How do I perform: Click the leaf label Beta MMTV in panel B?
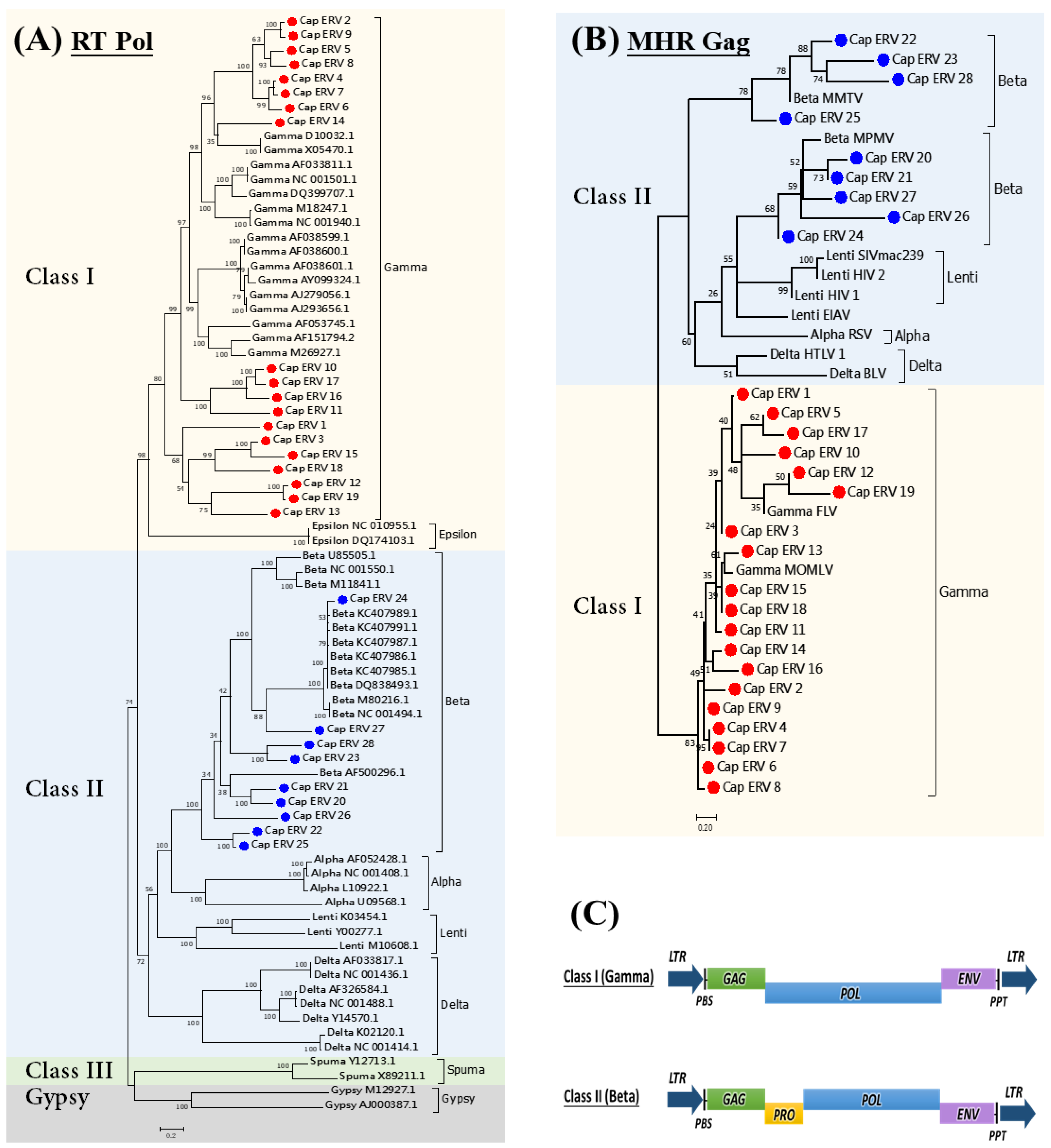click(x=828, y=98)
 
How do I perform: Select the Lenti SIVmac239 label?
click(x=874, y=255)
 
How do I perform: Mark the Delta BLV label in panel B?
click(x=857, y=373)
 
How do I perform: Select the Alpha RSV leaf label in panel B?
click(x=841, y=334)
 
